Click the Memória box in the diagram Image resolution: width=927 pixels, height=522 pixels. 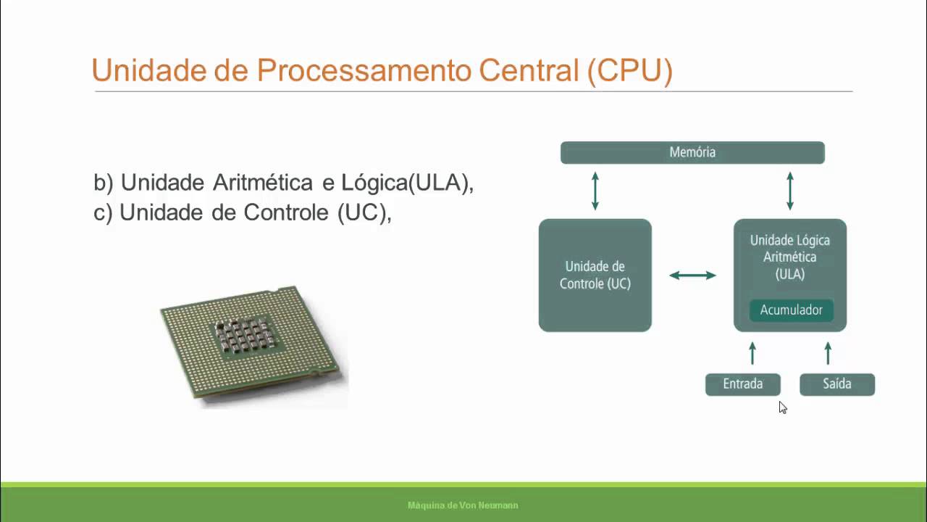pyautogui.click(x=692, y=152)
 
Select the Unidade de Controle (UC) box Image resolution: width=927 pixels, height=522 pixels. pyautogui.click(x=595, y=275)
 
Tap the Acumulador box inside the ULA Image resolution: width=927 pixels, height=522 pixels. pyautogui.click(x=791, y=310)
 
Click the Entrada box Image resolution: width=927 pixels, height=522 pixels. pyautogui.click(x=743, y=384)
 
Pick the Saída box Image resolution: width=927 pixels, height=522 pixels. pyautogui.click(x=837, y=384)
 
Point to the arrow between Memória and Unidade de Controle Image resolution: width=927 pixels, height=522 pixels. pyautogui.click(x=595, y=191)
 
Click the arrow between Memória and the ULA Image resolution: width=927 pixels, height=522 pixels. pyautogui.click(x=790, y=191)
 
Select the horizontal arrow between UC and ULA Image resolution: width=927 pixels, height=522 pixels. pyautogui.click(x=692, y=275)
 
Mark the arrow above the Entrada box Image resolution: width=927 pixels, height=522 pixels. pyautogui.click(x=752, y=353)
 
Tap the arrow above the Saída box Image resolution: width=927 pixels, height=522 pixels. pyautogui.click(x=828, y=353)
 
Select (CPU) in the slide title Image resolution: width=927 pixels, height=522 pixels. pyautogui.click(x=629, y=70)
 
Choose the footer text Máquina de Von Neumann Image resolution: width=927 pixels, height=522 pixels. pyautogui.click(x=463, y=505)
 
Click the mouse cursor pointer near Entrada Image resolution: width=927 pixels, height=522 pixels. pyautogui.click(x=782, y=407)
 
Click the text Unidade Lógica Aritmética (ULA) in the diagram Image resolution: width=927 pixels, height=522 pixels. pyautogui.click(x=789, y=257)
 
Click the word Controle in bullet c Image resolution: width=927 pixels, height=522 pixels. pyautogui.click(x=287, y=213)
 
